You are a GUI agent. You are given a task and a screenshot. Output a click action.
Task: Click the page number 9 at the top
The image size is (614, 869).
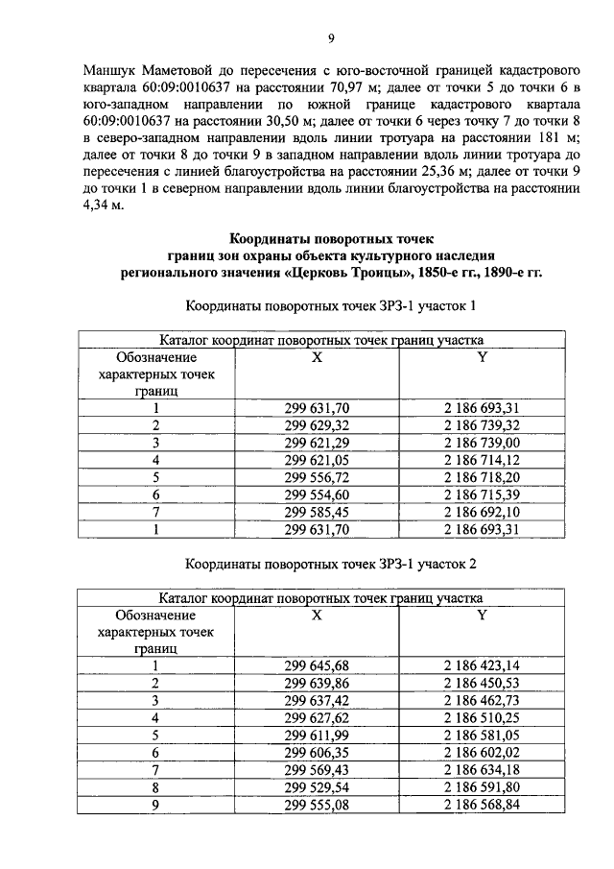pyautogui.click(x=330, y=38)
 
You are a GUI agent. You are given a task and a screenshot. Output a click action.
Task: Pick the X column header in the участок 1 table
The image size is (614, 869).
pyautogui.click(x=317, y=357)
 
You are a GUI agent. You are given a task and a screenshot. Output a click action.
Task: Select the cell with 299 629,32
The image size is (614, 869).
pyautogui.click(x=317, y=425)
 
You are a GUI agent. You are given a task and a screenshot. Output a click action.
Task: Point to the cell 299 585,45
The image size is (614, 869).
pyautogui.click(x=317, y=512)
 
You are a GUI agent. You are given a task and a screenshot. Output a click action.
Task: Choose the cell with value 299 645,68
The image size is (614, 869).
pyautogui.click(x=317, y=665)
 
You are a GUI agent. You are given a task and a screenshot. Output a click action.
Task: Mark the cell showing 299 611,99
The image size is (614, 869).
pyautogui.click(x=317, y=735)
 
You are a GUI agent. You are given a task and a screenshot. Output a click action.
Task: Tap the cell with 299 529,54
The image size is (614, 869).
pyautogui.click(x=317, y=786)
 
